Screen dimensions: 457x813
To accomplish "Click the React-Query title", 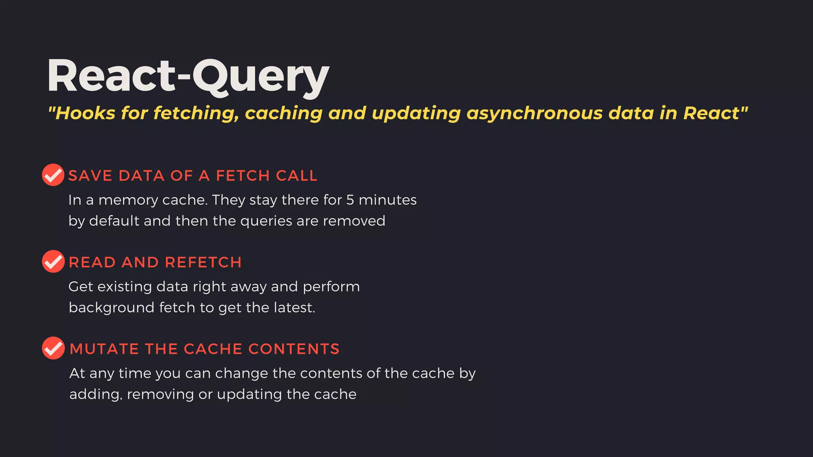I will tap(188, 76).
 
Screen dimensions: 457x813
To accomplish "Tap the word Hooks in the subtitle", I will tap(85, 113).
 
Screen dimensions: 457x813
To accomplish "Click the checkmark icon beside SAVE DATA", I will tap(53, 175).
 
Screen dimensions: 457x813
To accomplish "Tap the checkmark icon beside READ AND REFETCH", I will tap(53, 261).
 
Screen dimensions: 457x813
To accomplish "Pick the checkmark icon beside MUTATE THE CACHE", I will tap(53, 348).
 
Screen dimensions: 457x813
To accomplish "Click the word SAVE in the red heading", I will tap(90, 176).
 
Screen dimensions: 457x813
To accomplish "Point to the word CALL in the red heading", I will tap(297, 176).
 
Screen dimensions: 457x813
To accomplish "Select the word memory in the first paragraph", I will tap(124, 200).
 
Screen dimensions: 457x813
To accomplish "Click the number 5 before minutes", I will tap(350, 200).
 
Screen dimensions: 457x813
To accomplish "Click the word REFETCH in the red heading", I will tap(203, 263).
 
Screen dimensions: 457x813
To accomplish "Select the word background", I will tap(112, 308).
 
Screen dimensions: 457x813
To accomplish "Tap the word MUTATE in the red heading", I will tap(104, 349).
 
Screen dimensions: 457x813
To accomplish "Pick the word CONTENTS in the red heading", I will tap(294, 349).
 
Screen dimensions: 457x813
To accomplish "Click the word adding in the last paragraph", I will tap(95, 395).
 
